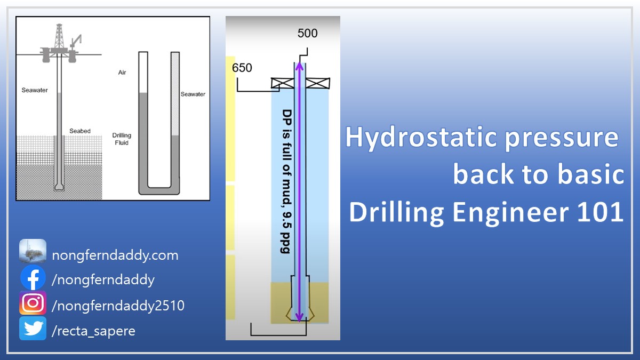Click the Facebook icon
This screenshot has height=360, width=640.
[33, 279]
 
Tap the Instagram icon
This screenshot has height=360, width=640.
[33, 303]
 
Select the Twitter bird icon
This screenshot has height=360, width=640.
[33, 329]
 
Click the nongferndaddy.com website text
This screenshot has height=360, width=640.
[115, 255]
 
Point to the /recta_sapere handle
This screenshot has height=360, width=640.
[93, 331]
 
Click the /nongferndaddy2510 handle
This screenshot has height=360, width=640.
[118, 306]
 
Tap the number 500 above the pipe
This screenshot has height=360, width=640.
[307, 34]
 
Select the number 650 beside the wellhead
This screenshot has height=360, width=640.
[242, 68]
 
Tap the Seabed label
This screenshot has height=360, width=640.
[80, 131]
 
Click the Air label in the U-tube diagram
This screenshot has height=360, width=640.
[122, 73]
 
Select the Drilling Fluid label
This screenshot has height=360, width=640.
[122, 139]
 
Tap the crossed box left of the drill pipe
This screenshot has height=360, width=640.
[282, 83]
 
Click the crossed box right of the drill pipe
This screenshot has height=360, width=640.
[319, 83]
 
